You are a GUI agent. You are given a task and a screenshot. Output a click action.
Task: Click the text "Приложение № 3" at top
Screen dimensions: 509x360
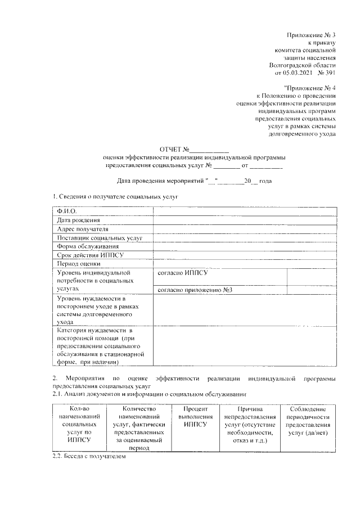[x=311, y=35]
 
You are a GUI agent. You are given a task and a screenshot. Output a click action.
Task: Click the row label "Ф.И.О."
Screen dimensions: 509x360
[x=67, y=211]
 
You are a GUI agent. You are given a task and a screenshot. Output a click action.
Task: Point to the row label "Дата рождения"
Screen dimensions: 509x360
[x=79, y=220]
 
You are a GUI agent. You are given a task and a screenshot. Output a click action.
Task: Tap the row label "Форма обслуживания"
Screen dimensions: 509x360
[x=88, y=247]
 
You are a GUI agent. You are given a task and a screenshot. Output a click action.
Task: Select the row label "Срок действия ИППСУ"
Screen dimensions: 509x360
[x=90, y=255]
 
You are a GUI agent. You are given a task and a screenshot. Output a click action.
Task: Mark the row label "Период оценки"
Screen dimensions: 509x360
[x=79, y=264]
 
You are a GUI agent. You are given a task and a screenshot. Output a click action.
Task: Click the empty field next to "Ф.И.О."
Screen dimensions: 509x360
[x=245, y=211]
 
